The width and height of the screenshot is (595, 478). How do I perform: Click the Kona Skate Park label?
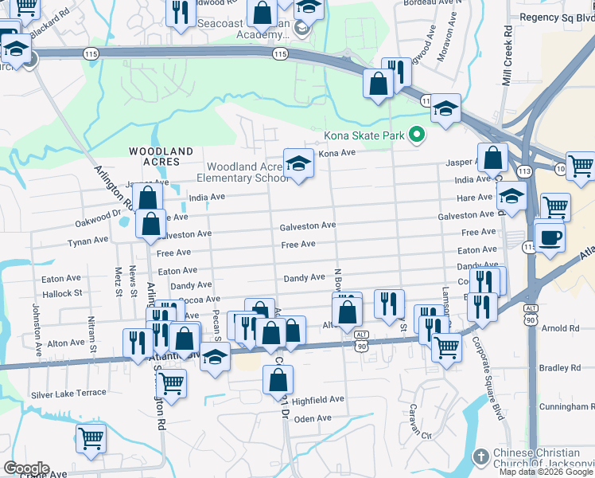[x=364, y=136]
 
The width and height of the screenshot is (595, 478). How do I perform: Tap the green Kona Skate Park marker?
[x=414, y=135]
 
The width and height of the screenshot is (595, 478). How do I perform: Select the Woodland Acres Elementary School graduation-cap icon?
[x=298, y=164]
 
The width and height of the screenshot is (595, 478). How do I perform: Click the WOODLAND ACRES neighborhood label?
[x=161, y=155]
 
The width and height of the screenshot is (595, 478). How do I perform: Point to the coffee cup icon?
[x=550, y=237]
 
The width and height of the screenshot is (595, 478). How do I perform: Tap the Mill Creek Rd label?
[x=507, y=55]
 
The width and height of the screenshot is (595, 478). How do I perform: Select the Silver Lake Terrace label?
[x=68, y=394]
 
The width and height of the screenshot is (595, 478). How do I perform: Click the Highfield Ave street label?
[x=318, y=398]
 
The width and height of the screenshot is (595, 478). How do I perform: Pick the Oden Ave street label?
[x=306, y=418]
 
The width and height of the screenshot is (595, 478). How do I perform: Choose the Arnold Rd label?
[x=560, y=328]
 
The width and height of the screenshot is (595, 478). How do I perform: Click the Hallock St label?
[x=62, y=293]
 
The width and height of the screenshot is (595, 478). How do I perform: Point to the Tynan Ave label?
[x=87, y=241]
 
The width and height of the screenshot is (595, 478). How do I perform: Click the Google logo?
[x=25, y=468]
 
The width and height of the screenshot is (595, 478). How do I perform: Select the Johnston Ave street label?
[x=36, y=327]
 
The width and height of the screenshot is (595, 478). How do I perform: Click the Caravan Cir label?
[x=414, y=436]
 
